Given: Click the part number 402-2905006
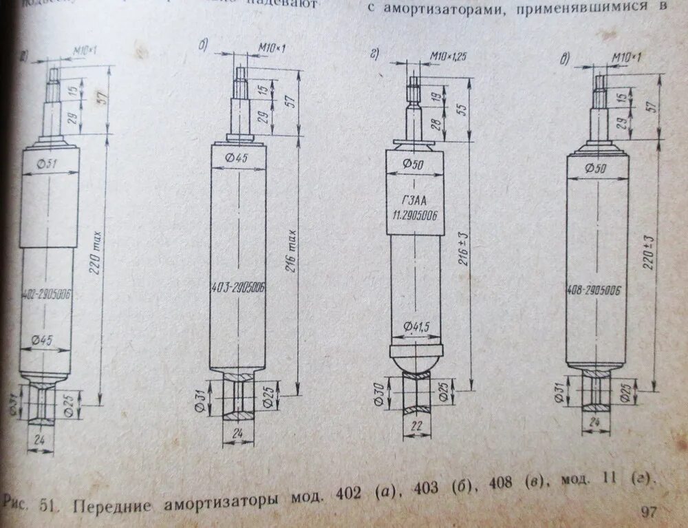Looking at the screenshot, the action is [47, 294].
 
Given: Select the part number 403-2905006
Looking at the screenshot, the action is [237, 287].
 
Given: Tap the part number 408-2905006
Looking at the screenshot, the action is [596, 290].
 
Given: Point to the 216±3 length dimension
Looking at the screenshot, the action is [465, 249].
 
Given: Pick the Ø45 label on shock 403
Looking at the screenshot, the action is [237, 158].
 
